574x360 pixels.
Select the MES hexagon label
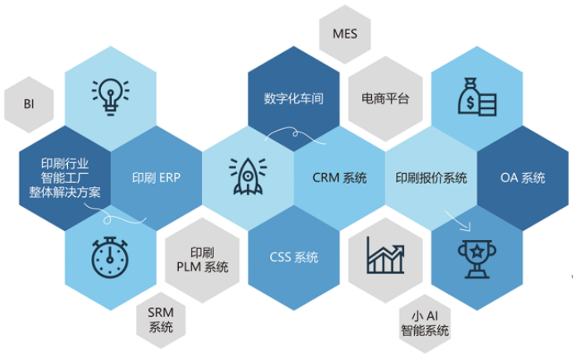(345, 34)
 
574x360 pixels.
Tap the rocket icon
(248, 176)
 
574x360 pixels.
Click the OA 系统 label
(523, 178)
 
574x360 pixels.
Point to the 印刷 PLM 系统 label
(202, 259)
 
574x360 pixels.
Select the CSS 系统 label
(293, 257)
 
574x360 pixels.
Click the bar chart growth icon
(386, 257)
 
